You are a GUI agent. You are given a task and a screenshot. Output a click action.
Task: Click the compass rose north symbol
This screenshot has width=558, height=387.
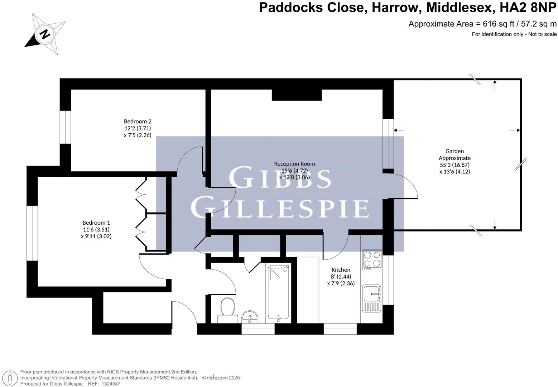click(45, 34)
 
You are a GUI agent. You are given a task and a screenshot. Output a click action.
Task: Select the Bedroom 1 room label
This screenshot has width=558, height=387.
click(96, 223)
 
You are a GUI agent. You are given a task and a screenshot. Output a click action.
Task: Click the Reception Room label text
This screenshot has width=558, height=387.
click(294, 164)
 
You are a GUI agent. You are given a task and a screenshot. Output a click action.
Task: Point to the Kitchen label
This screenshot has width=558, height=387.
click(341, 270)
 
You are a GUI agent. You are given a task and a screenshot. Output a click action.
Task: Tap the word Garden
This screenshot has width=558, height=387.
click(454, 151)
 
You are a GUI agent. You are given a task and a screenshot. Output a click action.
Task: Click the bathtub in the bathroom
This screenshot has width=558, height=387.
click(279, 293)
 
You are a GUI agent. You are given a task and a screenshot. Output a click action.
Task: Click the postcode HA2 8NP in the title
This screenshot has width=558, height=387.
click(528, 8)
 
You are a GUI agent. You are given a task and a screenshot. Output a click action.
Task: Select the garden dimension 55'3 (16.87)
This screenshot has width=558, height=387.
click(454, 165)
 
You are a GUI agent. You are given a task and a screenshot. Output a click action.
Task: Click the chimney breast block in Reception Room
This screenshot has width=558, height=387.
click(297, 95)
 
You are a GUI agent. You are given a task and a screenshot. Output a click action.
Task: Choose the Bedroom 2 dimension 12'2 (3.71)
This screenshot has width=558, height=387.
click(138, 128)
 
